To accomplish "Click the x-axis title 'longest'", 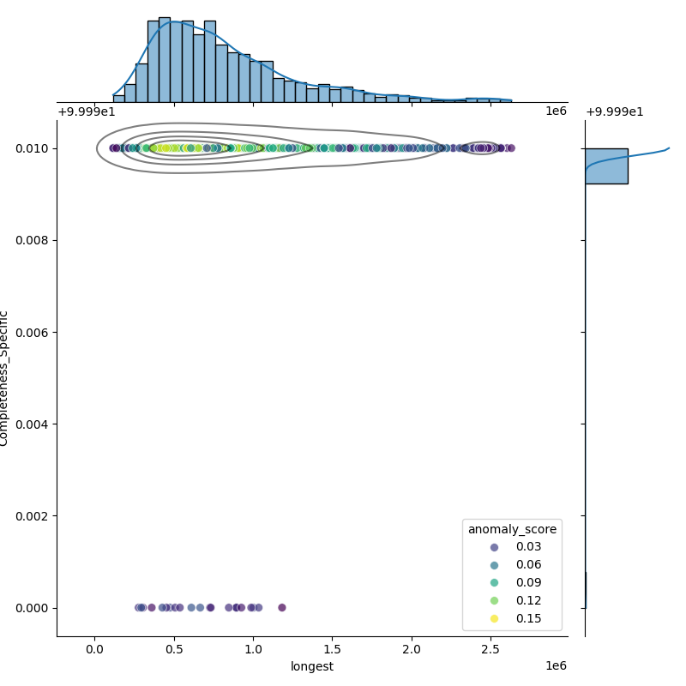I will [x=312, y=666].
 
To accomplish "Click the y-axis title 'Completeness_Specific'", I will [x=5, y=378].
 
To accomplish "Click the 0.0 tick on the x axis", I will [x=95, y=649].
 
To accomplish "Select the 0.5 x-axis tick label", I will [x=174, y=649].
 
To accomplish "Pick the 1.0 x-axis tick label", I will [x=253, y=649].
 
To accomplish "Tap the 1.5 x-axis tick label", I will [x=332, y=649].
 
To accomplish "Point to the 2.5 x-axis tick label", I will [x=490, y=649].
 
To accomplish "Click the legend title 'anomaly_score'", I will [x=512, y=529].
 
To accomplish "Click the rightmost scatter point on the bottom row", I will [x=281, y=607].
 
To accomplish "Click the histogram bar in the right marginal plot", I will [x=606, y=165].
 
